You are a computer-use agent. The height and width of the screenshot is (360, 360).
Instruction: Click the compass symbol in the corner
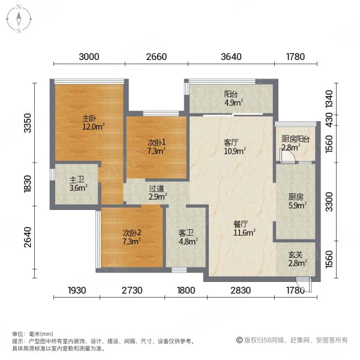(x=19, y=19)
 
